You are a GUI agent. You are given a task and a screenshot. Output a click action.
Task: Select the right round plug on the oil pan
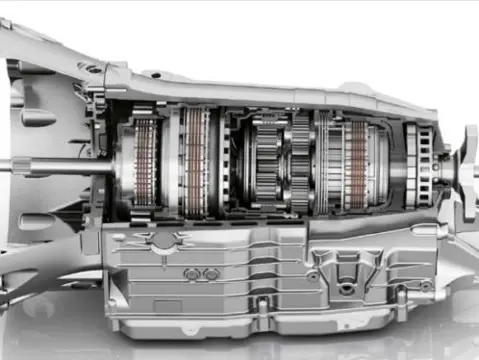[211, 273]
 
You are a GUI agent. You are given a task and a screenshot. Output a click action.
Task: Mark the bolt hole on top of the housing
[92, 68]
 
